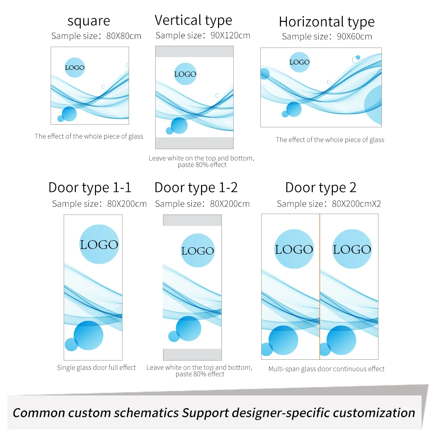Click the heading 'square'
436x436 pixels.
tap(89, 21)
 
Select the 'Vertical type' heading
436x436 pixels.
tap(193, 20)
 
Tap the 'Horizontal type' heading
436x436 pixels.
tap(327, 22)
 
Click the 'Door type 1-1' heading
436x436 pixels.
tap(89, 187)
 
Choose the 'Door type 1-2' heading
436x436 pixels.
tap(196, 187)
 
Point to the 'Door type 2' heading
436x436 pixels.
tap(320, 187)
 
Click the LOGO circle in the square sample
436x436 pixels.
tap(75, 68)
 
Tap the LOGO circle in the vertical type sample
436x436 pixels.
tap(185, 74)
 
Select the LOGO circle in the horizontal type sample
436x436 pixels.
tap(300, 62)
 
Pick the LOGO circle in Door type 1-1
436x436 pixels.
tap(99, 244)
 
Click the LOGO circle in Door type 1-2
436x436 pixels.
tap(198, 251)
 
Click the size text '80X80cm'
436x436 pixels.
tap(124, 36)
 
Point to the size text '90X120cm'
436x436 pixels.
tap(230, 36)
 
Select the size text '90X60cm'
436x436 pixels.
tap(354, 37)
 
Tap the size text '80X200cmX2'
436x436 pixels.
tap(356, 204)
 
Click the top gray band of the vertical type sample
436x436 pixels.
tap(194, 52)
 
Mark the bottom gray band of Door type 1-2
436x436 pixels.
tap(192, 354)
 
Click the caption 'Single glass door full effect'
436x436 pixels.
tap(96, 368)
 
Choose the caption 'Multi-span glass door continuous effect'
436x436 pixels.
tap(327, 369)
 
